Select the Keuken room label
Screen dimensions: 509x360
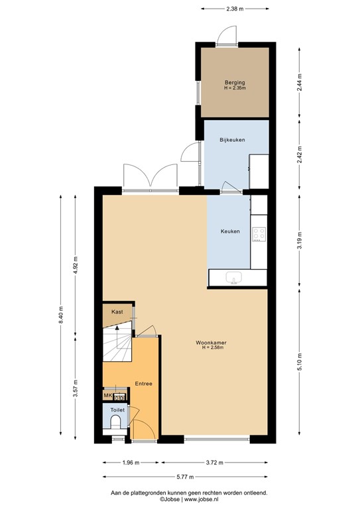(x=230, y=231)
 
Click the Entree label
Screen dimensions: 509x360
(x=144, y=383)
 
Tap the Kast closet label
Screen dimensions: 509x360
(x=117, y=311)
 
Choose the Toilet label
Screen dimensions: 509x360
(x=117, y=410)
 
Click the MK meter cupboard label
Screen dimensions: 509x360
(x=107, y=396)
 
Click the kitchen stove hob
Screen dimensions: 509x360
(x=259, y=233)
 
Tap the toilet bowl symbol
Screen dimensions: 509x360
(x=117, y=422)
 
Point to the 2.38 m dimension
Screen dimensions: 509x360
(x=234, y=9)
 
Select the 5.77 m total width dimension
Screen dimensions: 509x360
(x=185, y=476)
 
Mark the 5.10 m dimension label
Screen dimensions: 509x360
(x=299, y=361)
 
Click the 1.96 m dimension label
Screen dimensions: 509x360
(x=131, y=462)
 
